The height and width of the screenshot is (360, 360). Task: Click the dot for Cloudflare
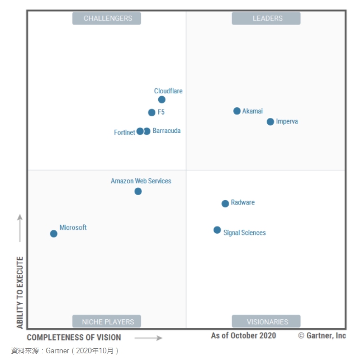coord(162,100)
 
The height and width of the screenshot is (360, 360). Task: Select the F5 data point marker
coord(151,112)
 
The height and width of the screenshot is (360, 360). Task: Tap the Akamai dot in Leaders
coord(237,111)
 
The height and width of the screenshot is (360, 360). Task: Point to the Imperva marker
coord(271,122)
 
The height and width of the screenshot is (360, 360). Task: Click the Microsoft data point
coord(54,234)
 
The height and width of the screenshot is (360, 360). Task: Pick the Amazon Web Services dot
coord(138,191)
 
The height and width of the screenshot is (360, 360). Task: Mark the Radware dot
coord(225,203)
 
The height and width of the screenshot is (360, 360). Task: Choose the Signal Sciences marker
coord(217,230)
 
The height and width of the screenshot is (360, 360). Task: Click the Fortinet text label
coord(124,132)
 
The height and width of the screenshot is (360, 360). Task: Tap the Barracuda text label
coord(167,131)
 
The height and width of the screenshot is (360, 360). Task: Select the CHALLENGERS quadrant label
coord(107,18)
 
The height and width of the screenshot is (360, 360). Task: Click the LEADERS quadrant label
coord(266,18)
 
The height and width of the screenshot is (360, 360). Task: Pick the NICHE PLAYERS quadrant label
coord(107,321)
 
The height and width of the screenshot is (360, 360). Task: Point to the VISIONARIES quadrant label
coord(266,321)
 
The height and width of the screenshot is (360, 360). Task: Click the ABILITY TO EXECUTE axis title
coord(20,292)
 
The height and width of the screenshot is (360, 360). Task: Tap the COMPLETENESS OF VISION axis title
coord(74,338)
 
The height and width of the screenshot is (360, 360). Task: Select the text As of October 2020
coord(243,336)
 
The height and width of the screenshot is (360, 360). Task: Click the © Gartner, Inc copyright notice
coord(322,336)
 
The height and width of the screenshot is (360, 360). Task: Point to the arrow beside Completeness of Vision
coord(148,338)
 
